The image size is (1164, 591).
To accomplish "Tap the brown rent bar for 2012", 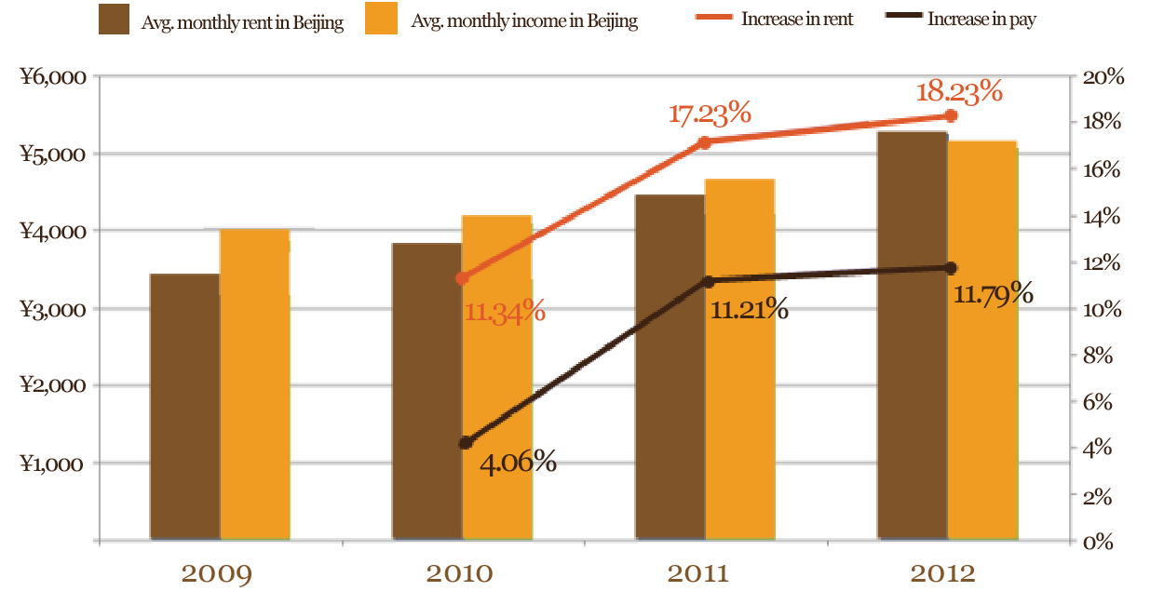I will coord(912,335).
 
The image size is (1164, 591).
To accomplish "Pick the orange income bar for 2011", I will coord(739,359).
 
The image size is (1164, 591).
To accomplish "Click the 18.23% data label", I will coord(959,92).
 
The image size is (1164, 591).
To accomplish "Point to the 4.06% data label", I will coord(518,461).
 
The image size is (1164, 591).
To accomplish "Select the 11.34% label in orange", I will coord(505,311).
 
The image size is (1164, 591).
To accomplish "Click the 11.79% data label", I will coord(994,294).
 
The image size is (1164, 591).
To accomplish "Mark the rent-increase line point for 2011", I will coord(705,142).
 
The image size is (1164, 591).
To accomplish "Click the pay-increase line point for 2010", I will coord(466,443).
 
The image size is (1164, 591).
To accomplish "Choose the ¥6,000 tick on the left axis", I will coord(54,77).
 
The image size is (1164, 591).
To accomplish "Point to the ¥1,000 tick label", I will coord(54,463).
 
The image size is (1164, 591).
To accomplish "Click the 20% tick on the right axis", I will coord(1103,76).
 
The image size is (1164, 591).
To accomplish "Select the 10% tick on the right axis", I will coord(1103,309).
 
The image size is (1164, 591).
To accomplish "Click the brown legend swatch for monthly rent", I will coord(114,20).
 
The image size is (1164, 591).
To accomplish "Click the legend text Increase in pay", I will coord(981,20).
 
